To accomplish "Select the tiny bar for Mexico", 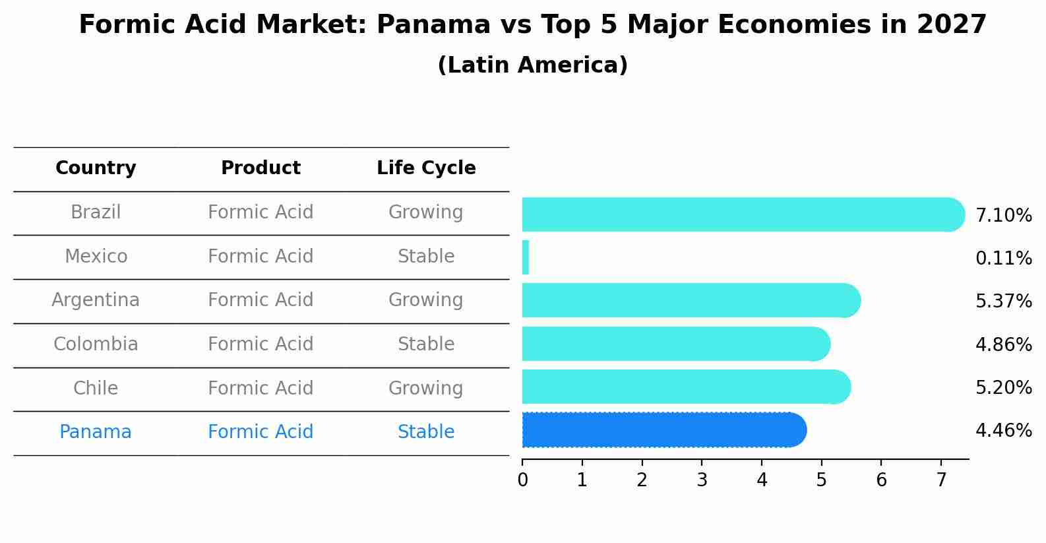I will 526,257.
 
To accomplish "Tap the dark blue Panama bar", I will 663,430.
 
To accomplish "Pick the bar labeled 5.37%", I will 689,300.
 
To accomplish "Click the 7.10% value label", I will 1003,216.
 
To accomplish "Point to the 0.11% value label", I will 1003,259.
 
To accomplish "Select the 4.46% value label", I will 1003,431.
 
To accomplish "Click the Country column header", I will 96,168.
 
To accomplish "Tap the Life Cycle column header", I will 426,168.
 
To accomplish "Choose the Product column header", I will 261,168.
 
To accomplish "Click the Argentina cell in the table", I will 96,300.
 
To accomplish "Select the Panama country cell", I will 96,432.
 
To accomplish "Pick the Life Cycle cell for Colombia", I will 426,344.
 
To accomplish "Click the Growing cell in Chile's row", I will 426,388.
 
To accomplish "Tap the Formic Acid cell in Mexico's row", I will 261,257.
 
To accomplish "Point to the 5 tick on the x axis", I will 821,480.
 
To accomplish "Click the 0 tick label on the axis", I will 522,480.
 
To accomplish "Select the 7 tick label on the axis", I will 941,480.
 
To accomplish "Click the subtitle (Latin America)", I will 532,65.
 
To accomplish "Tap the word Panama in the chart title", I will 433,25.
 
